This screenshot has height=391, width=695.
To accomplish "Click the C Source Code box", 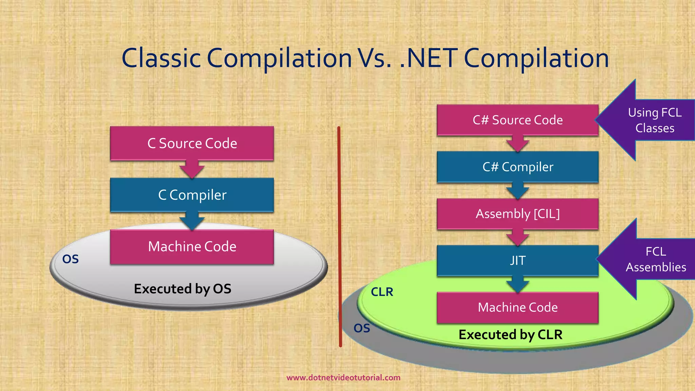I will click(x=192, y=143).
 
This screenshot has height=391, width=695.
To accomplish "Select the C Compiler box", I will click(x=192, y=195).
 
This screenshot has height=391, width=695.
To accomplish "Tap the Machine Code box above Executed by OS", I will click(x=192, y=246).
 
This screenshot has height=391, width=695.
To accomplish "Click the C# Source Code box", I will click(x=518, y=120).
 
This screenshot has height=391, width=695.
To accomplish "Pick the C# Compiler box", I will click(x=518, y=167).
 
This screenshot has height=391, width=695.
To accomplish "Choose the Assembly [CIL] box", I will click(x=518, y=214).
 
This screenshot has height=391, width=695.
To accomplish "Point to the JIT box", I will click(x=518, y=260).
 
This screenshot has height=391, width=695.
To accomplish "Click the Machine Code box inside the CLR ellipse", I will click(x=518, y=307).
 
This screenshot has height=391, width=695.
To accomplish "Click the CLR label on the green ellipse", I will click(x=382, y=292).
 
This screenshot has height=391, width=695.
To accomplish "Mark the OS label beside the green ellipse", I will click(x=362, y=328).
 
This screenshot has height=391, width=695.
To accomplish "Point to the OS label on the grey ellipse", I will click(x=71, y=259).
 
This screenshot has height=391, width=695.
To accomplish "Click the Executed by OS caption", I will click(x=183, y=289).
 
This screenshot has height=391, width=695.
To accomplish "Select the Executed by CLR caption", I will click(x=510, y=335).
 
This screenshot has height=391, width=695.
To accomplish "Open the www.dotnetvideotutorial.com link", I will click(x=343, y=377).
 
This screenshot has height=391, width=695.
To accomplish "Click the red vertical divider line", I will click(x=339, y=238).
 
